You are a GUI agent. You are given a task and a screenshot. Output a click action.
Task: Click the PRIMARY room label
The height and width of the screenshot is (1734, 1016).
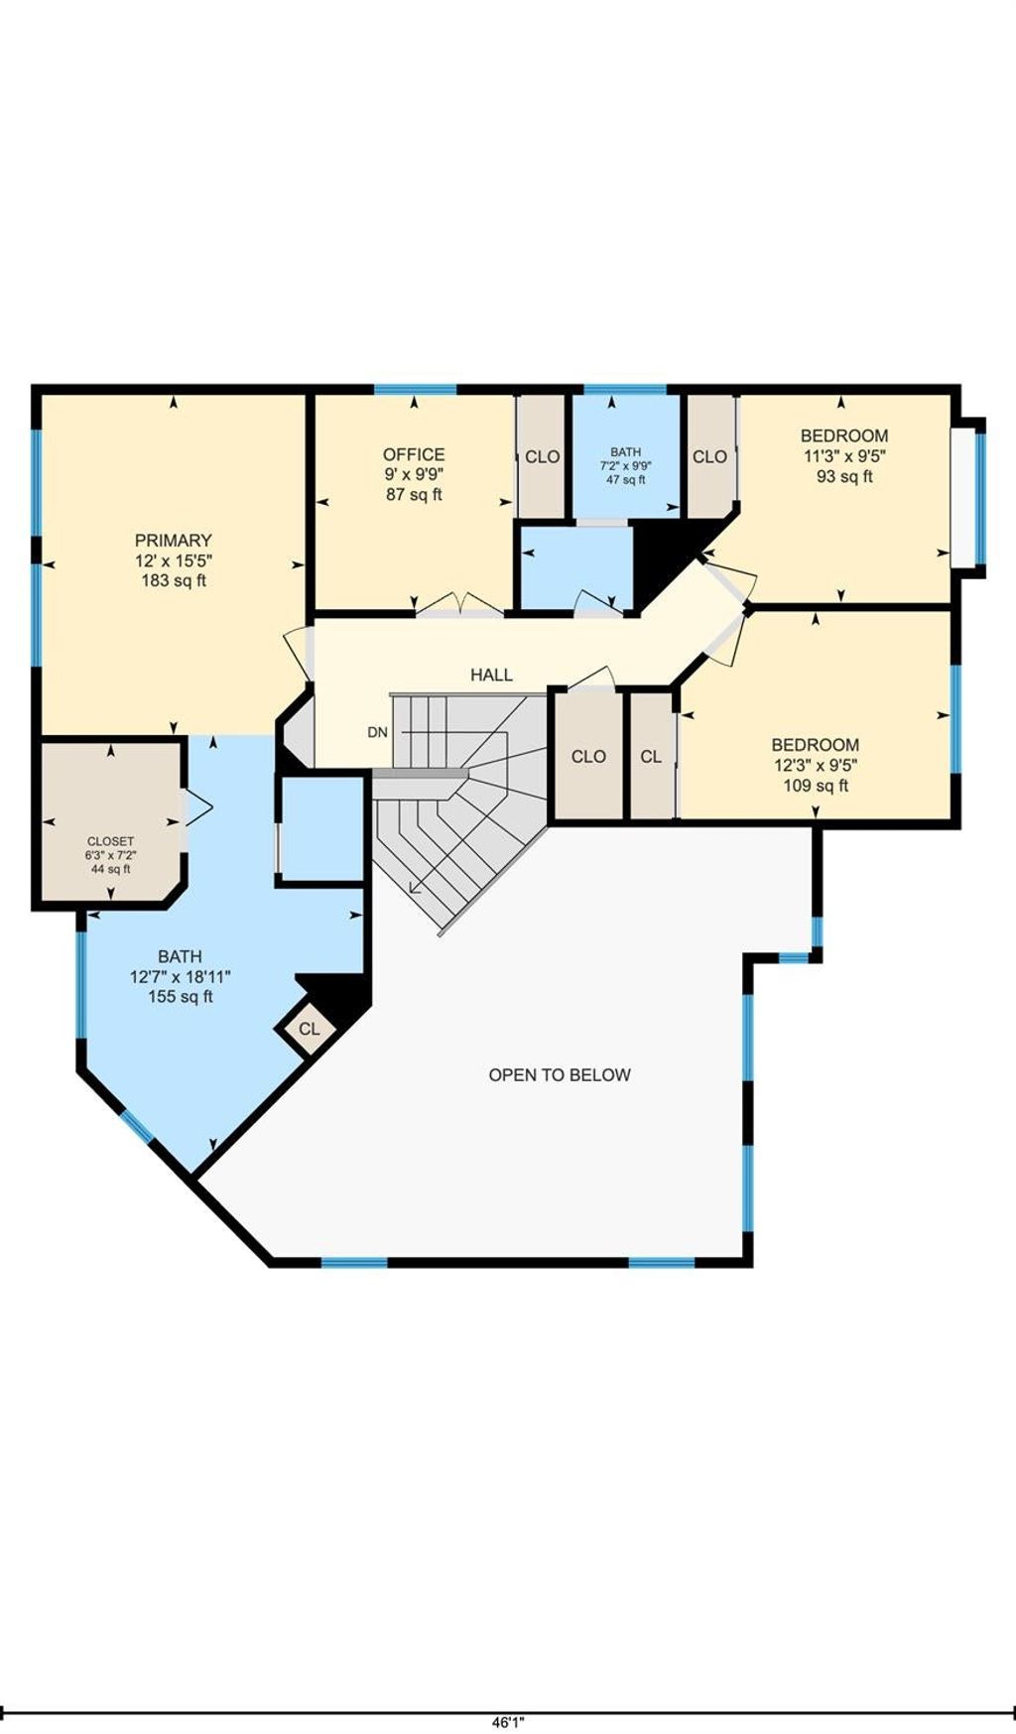click(x=174, y=541)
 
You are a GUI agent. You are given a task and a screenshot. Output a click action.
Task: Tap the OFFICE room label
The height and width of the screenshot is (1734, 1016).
click(x=414, y=454)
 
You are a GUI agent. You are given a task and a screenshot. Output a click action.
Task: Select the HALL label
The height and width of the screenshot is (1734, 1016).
click(x=492, y=675)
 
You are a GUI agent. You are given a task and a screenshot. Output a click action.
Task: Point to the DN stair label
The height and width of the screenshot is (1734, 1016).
click(x=378, y=733)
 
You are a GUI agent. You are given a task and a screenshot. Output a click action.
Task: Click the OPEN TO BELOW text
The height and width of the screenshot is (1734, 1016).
click(x=560, y=1074)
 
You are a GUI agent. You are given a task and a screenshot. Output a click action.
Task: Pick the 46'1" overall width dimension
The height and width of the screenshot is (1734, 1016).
click(x=507, y=1724)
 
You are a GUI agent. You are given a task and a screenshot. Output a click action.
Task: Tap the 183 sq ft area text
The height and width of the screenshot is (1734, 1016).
click(x=174, y=580)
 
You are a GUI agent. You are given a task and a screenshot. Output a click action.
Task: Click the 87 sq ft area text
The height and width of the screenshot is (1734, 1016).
click(x=414, y=494)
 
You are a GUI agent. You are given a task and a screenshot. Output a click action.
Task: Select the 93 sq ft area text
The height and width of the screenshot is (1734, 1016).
click(x=844, y=476)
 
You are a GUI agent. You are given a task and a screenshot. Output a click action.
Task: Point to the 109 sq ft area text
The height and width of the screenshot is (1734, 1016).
click(x=816, y=786)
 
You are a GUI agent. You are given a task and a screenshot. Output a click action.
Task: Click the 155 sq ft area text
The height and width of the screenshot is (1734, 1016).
click(x=181, y=997)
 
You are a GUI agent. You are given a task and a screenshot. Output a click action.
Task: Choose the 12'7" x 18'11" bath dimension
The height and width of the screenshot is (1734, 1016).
click(x=181, y=977)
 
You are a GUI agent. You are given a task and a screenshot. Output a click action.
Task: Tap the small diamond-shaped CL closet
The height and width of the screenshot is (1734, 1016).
click(x=309, y=1029)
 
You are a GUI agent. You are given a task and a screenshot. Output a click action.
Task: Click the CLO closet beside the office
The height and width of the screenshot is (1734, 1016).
click(x=543, y=456)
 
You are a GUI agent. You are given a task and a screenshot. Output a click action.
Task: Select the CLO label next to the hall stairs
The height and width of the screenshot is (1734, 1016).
click(x=588, y=756)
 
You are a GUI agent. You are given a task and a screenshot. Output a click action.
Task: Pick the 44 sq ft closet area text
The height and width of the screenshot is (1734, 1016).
click(x=110, y=869)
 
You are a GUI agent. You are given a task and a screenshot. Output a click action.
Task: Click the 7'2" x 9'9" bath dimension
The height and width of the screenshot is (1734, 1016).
click(x=626, y=465)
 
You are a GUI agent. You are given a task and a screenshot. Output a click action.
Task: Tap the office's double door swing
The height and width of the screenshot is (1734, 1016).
click(x=458, y=604)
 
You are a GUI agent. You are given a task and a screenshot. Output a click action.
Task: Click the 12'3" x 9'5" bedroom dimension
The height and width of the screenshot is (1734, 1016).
click(x=816, y=765)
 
